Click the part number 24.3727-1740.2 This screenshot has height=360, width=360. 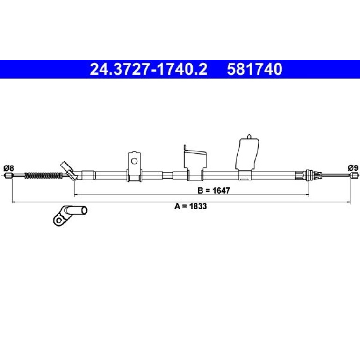149,69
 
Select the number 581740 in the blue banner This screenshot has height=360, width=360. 254,69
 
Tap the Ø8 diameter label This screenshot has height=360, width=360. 9,168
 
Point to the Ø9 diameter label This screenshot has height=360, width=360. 353,168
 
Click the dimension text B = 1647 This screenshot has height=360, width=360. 214,190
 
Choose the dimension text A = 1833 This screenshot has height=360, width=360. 191,206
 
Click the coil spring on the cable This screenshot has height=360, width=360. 43,175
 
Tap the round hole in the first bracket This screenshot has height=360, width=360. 134,161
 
